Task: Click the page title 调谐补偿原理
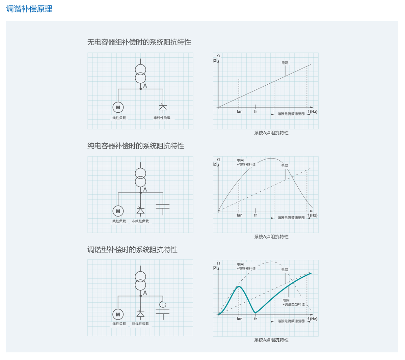tap(29, 9)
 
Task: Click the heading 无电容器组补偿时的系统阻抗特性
tap(139, 42)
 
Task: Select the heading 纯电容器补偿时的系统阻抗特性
tap(136, 146)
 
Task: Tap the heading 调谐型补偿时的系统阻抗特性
tap(132, 250)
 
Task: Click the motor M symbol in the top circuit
tap(118, 108)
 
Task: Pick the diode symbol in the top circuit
tap(163, 108)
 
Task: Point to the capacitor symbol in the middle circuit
tap(163, 206)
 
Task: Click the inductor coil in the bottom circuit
tap(163, 304)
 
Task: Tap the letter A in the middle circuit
tap(145, 190)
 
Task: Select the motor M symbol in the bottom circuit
tap(118, 314)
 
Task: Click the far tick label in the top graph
tap(239, 112)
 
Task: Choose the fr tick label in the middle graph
tap(255, 215)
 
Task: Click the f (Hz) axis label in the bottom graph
tap(312, 319)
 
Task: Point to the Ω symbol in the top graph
tap(219, 56)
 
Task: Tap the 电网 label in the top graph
tap(285, 63)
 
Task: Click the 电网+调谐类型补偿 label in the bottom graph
tap(293, 302)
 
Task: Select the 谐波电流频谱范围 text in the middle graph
tap(291, 218)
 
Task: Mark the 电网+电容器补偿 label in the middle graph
tap(246, 163)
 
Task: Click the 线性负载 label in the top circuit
tap(119, 118)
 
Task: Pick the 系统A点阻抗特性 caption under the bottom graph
tap(271, 340)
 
